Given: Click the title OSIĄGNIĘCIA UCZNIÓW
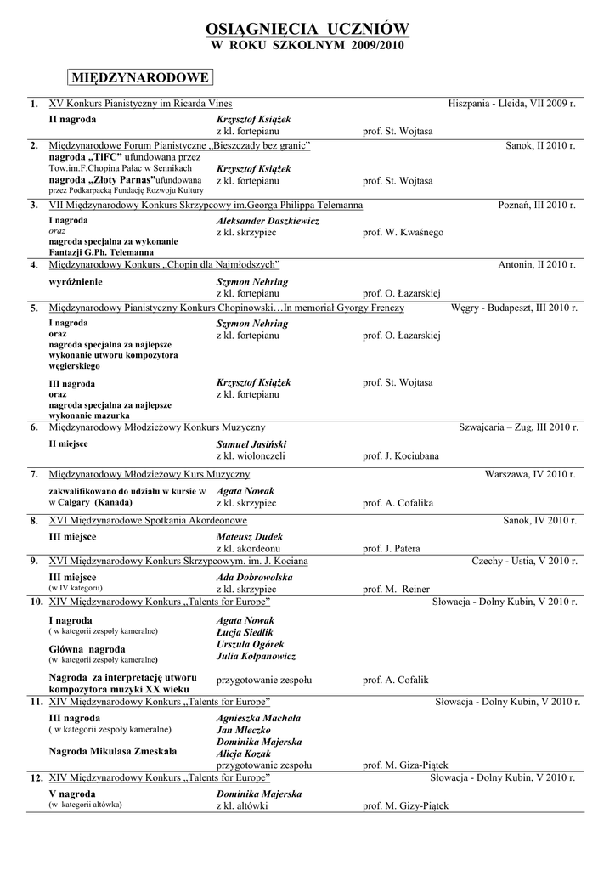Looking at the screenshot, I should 307,30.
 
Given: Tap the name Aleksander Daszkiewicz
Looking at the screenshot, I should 268,221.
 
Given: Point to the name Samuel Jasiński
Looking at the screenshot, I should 251,444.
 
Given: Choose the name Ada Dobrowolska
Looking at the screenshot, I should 255,578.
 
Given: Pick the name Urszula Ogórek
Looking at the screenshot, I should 251,645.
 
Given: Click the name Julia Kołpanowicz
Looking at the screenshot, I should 257,657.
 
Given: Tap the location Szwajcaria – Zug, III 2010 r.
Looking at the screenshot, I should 517,427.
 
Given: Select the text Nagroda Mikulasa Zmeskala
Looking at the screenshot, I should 113,752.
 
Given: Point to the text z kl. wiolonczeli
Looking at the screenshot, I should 251,456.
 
